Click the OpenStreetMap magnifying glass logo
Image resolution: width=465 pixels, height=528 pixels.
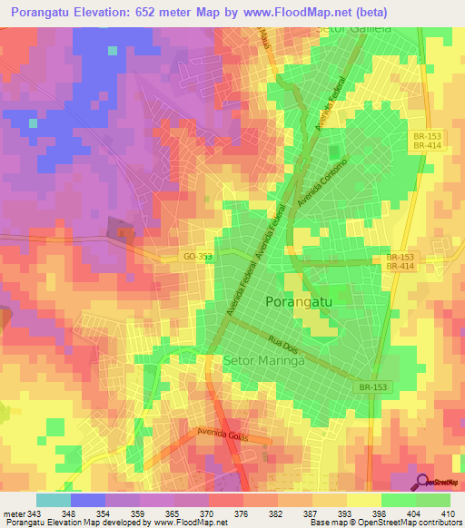tap(422, 481)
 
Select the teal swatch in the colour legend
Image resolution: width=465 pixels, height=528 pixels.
tap(54, 500)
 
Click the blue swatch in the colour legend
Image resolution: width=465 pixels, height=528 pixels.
tap(88, 500)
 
